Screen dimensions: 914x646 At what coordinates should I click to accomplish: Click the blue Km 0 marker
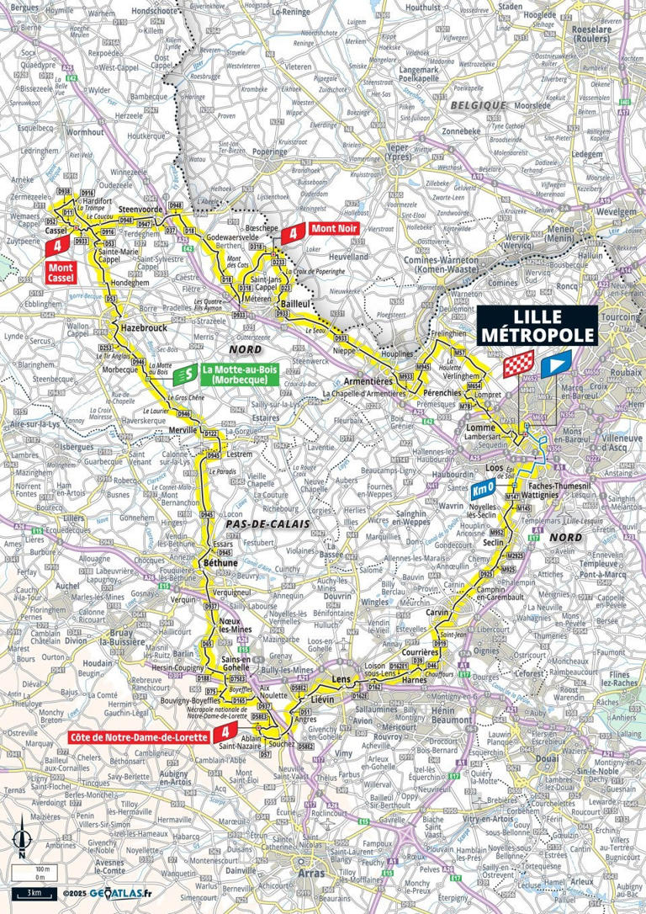(481, 488)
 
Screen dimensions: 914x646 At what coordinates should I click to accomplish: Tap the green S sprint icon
(191, 371)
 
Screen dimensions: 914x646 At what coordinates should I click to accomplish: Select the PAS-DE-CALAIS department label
(262, 523)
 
